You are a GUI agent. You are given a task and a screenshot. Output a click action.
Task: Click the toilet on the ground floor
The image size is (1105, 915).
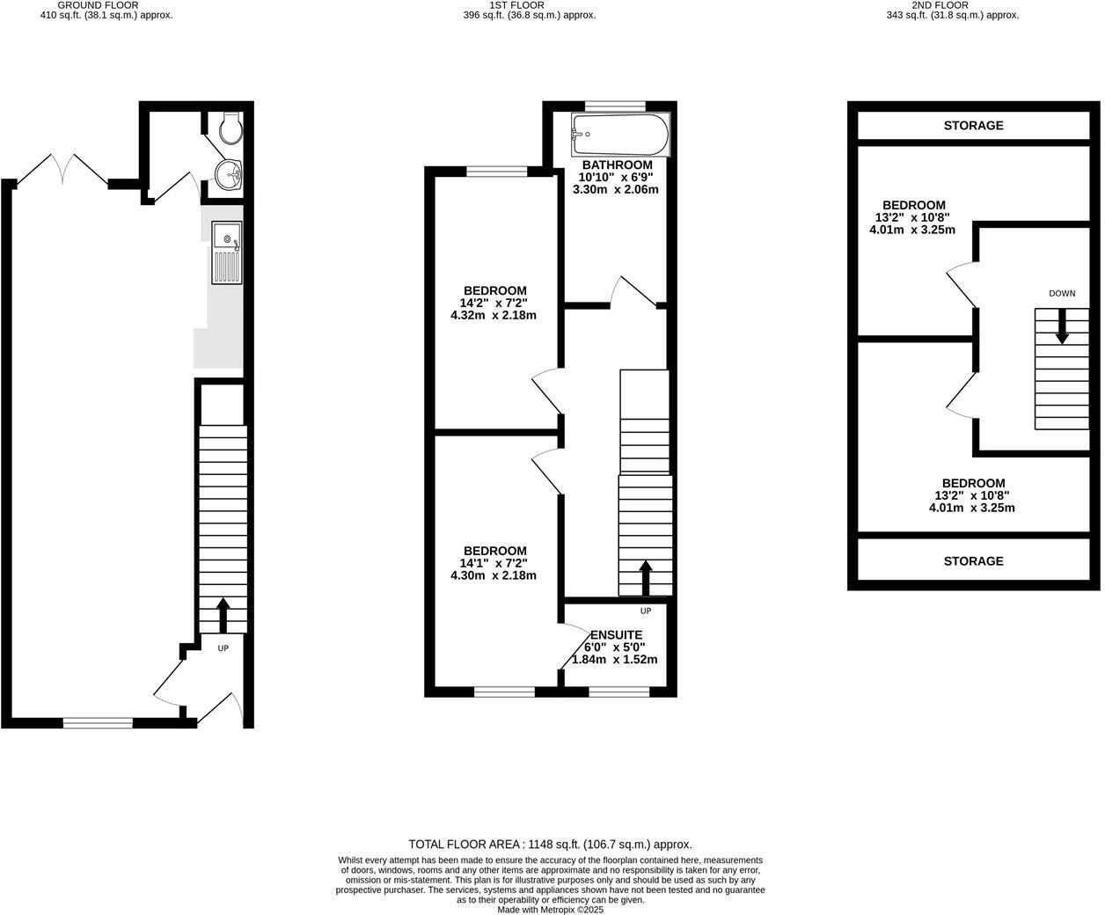230,128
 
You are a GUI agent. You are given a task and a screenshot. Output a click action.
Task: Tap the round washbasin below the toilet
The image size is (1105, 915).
230,174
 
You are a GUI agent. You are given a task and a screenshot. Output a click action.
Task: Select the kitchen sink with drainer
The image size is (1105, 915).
226,253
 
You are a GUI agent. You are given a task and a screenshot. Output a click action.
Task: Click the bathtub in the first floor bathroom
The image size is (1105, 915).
619,135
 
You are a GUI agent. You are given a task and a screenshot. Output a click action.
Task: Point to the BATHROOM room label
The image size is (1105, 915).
617,165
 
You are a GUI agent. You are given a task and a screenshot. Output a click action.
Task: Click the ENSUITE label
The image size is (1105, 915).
616,634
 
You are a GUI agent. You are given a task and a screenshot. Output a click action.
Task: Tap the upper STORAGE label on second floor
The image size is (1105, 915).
973,126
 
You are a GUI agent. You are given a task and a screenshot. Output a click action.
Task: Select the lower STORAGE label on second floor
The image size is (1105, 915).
973,561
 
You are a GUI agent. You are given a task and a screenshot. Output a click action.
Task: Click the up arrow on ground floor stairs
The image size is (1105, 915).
223,614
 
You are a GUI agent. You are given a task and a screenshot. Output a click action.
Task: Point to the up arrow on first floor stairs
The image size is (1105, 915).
645,577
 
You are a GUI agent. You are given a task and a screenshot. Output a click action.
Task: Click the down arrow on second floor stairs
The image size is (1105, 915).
1062,326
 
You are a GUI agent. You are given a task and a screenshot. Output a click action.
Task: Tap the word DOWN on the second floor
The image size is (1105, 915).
1062,294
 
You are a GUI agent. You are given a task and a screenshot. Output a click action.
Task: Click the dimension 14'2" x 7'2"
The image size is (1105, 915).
494,304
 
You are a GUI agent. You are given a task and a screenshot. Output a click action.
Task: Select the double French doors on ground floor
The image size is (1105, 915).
62,170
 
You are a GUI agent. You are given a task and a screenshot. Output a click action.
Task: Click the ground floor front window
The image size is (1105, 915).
98,723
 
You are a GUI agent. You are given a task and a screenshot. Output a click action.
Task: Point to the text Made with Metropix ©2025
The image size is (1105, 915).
551,910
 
